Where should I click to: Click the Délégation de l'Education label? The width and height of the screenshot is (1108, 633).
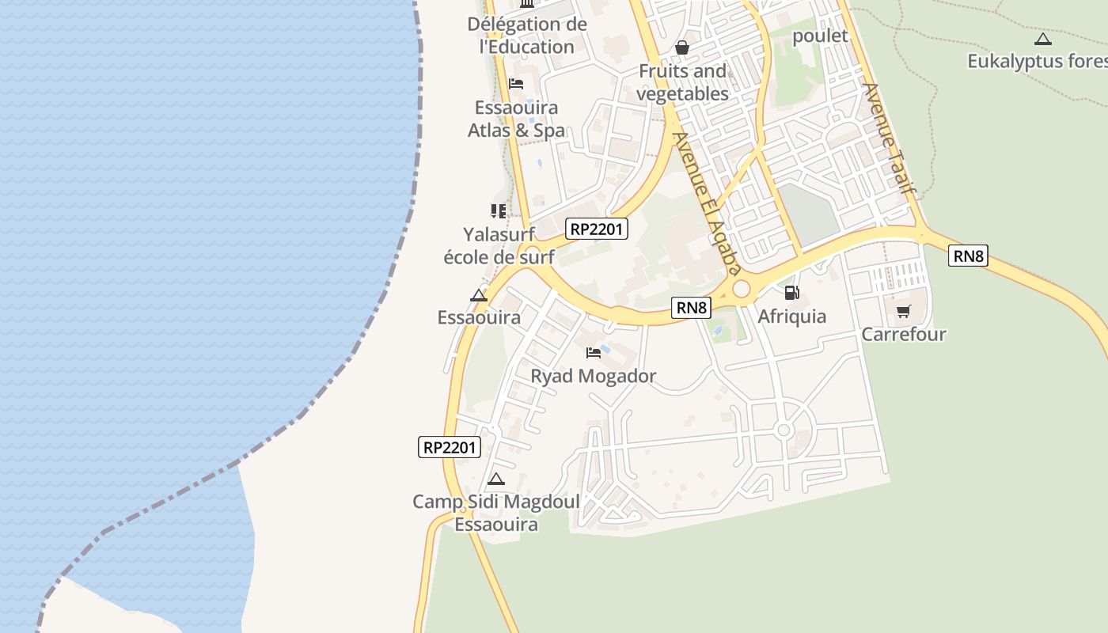point(527,36)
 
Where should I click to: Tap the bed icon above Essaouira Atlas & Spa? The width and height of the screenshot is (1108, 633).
point(516,83)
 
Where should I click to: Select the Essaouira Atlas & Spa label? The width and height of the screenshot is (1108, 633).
point(516,119)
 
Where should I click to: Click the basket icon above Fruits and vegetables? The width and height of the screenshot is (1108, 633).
point(682,48)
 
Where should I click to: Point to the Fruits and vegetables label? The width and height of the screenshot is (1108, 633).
point(682,82)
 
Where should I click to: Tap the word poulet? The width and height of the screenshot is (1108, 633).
point(820,36)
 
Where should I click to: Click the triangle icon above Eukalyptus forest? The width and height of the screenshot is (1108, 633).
point(1043,39)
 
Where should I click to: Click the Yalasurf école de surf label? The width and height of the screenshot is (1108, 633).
point(499,245)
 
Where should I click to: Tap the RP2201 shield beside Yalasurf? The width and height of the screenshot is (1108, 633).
point(598,229)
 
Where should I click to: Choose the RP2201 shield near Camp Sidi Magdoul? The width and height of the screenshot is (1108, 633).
point(449,447)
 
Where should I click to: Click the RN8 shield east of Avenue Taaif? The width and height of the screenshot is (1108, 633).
point(968,256)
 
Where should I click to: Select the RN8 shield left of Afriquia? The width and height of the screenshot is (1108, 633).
point(691,308)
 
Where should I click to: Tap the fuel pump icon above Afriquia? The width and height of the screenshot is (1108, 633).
point(791,293)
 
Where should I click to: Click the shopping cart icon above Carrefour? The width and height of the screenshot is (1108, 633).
point(903,311)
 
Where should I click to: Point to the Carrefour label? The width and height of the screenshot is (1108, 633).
point(903,335)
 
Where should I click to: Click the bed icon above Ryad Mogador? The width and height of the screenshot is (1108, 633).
point(594,352)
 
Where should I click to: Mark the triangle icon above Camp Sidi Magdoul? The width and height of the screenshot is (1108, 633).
point(496,479)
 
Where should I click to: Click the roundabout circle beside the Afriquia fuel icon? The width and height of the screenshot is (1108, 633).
point(742,290)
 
